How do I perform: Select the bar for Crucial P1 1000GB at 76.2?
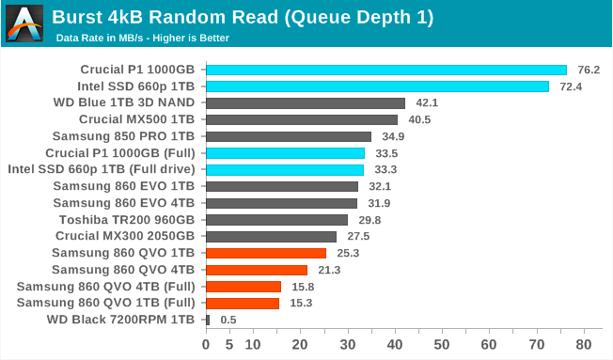coord(385,70)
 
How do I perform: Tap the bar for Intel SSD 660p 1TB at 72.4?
coord(377,86)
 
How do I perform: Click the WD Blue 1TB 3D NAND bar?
coord(305,103)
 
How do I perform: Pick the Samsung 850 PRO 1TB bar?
coord(288,136)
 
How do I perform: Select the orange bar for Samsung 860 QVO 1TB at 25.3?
coord(265,253)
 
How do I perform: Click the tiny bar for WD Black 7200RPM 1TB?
coord(207,320)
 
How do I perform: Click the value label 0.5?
coord(228,320)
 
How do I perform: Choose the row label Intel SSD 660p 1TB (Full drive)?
coord(101,169)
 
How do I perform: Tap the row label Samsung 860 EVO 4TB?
coord(123,203)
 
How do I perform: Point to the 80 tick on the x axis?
coord(584,345)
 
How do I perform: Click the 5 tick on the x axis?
coord(229,345)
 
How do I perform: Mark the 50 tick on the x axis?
coord(442,345)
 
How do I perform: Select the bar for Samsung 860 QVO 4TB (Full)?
coord(243,287)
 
